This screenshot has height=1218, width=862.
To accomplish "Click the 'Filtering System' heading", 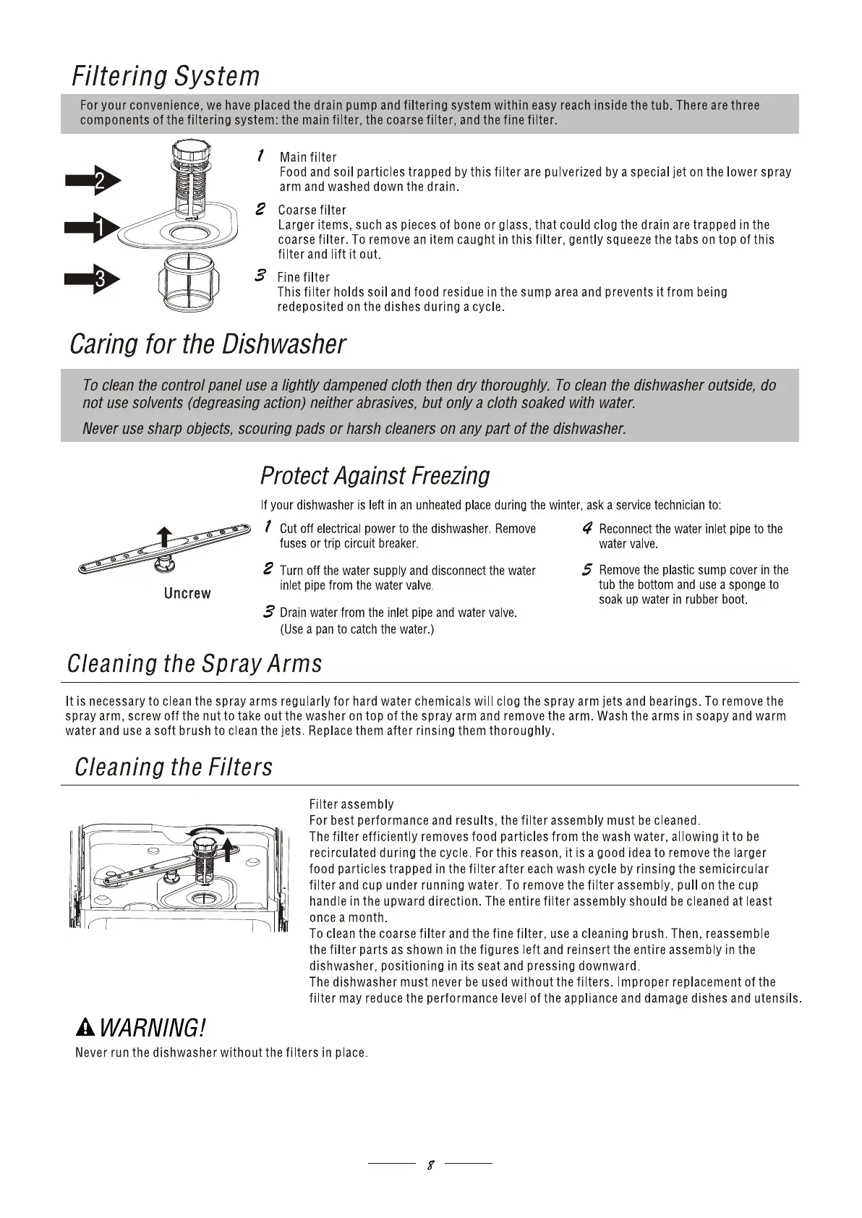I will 165,76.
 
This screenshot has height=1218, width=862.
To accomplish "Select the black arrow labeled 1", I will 93,229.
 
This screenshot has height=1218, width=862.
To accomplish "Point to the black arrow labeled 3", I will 93,279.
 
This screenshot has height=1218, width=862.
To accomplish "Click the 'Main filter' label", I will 308,157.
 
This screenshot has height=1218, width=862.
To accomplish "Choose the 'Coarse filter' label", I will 312,210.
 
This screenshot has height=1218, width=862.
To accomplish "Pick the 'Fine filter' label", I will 303,277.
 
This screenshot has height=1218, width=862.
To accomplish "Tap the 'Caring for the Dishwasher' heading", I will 208,344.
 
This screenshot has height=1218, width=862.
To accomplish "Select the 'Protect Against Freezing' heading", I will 375,476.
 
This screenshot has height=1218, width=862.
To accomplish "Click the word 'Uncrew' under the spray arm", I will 187,593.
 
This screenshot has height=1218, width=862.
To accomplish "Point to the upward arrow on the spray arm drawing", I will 165,536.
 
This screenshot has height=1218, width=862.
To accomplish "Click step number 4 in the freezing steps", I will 588,529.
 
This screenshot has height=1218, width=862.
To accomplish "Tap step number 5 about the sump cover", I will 588,570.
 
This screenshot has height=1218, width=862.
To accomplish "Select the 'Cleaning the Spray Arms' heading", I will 195,663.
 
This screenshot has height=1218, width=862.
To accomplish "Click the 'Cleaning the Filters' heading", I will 174,767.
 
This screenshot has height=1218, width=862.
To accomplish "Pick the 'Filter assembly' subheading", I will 351,804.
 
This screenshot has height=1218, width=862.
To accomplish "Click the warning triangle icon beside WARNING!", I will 85,1026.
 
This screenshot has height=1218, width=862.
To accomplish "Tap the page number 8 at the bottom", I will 430,1165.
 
